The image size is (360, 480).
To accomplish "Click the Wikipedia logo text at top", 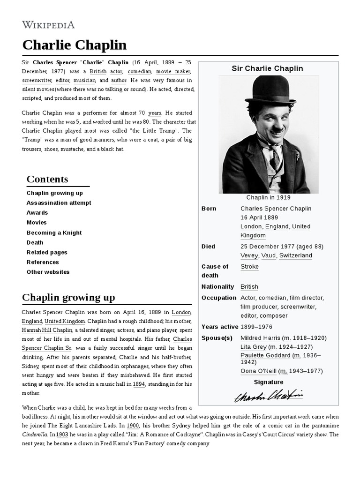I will (48, 24).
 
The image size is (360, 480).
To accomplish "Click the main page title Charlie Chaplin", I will (75, 45).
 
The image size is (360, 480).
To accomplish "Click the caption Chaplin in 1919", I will (268, 198).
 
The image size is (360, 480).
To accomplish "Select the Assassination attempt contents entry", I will (59, 203).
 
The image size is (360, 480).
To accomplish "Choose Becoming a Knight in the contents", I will (54, 232).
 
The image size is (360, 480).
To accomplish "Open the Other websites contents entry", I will (48, 272).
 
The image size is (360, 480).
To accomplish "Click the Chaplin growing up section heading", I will (68, 298).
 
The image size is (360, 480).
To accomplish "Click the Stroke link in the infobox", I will (249, 267).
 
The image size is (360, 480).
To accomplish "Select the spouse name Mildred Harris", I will (260, 338).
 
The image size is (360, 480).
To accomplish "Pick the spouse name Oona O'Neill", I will (258, 371).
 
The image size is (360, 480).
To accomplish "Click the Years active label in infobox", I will (220, 327).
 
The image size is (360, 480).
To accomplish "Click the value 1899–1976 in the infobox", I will (256, 327).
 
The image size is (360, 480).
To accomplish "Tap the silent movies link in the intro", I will (38, 89).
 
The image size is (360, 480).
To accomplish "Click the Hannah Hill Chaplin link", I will (47, 330).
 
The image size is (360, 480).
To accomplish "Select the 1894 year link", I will (139, 384).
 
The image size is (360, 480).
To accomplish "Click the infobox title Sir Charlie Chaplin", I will (268, 68).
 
